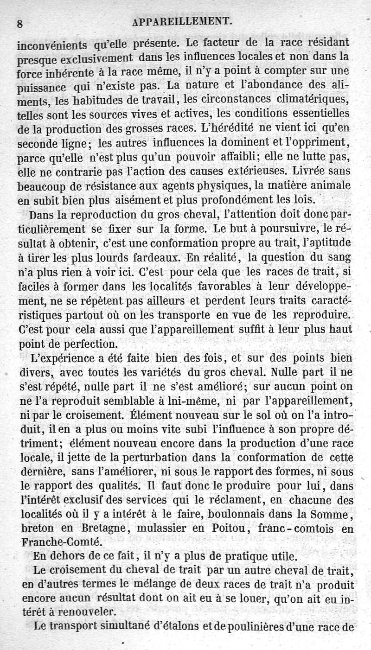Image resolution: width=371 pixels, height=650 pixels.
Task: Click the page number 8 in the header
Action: [20, 24]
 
